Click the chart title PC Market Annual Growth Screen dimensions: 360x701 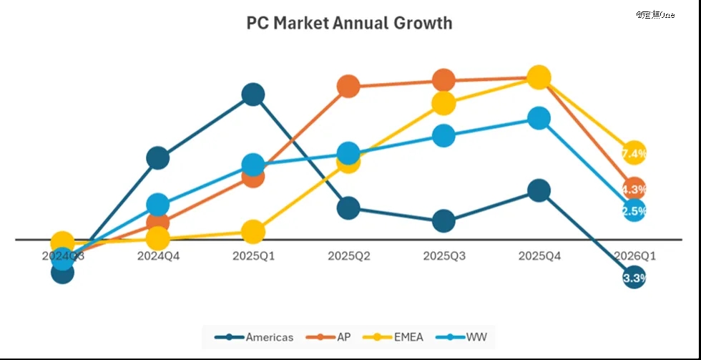tap(349, 23)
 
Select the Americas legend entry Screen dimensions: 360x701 tap(258, 336)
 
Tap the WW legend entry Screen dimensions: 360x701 tap(466, 336)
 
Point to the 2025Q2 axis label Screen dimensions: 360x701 tap(348, 256)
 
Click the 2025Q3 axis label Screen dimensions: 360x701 tap(443, 256)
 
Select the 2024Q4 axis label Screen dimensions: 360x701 tap(158, 256)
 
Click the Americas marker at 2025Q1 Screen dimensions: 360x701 tap(253, 94)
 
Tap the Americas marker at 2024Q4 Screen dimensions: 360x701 tap(157, 158)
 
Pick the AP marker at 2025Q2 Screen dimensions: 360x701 tap(348, 87)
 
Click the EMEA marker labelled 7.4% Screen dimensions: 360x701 tap(634, 153)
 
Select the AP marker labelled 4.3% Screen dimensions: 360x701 tap(634, 189)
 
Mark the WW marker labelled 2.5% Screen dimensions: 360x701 tap(634, 210)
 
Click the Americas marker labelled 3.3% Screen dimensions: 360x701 tap(634, 278)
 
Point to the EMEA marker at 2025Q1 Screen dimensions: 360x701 tap(253, 231)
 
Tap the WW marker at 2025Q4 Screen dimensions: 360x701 tap(539, 118)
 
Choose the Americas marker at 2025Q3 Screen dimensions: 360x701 tap(443, 221)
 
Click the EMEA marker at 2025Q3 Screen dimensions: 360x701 tap(443, 103)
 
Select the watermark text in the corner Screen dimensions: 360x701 tap(655, 14)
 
